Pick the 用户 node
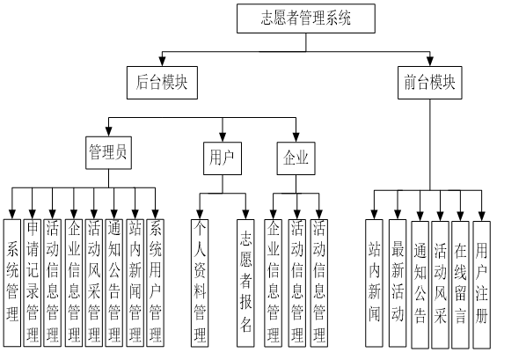(x=220, y=158)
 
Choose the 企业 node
(x=295, y=158)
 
